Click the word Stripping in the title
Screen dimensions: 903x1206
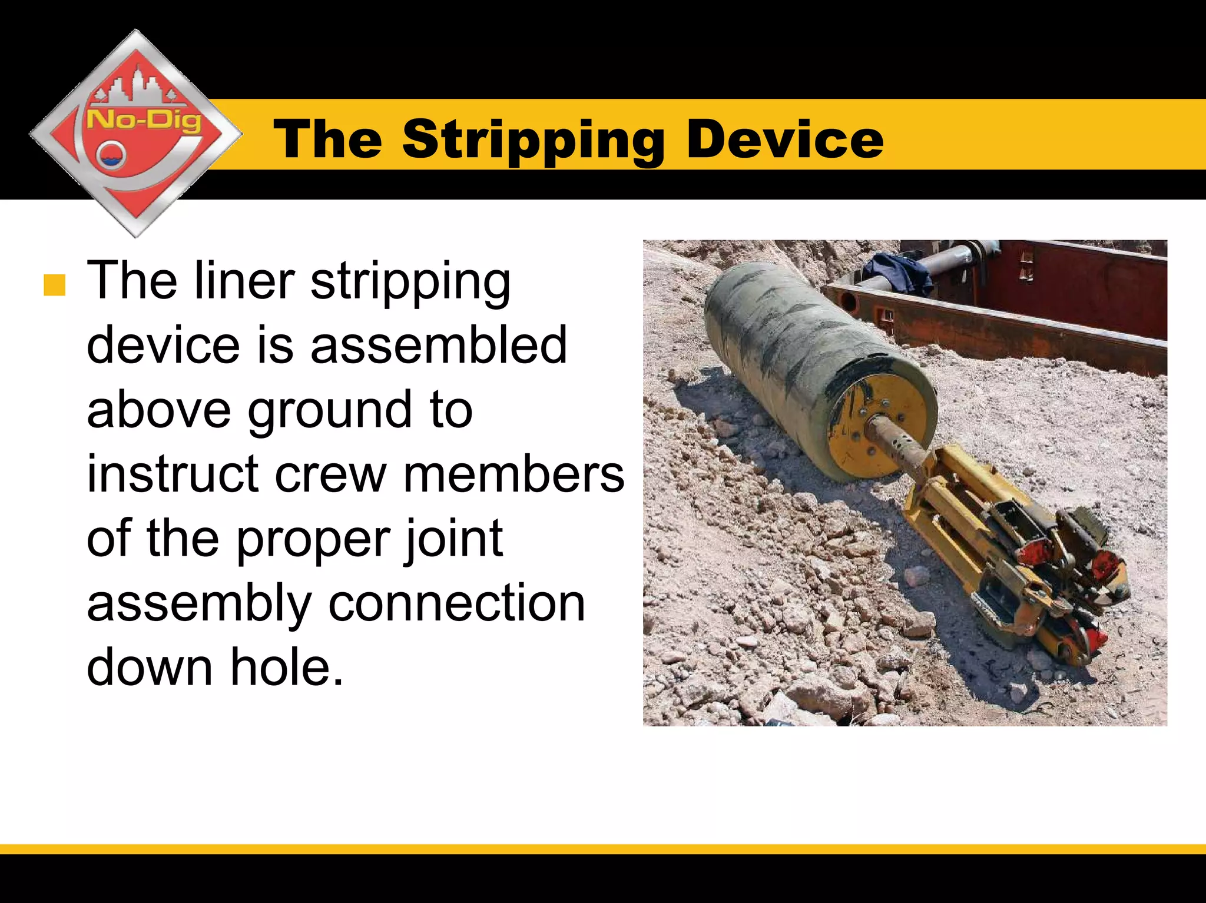point(533,140)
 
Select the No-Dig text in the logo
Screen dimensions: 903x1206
point(144,121)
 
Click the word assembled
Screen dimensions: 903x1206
point(439,346)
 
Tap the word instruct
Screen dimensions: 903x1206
point(173,474)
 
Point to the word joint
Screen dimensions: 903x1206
point(453,539)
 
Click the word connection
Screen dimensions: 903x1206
point(456,603)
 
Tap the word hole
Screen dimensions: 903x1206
point(286,668)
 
